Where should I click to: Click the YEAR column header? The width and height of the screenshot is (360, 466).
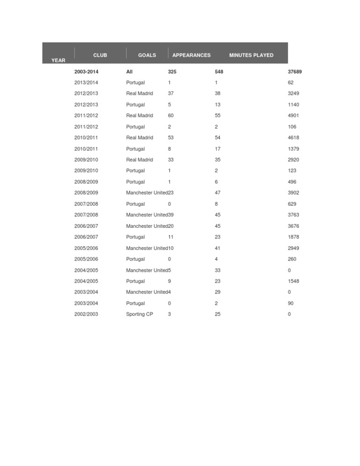point(58,60)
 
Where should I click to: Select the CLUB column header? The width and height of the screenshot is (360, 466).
point(100,55)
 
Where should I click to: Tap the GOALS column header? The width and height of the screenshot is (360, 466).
point(147,55)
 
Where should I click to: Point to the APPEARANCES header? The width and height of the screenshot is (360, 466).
point(191,55)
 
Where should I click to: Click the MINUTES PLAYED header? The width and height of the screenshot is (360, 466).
point(251,55)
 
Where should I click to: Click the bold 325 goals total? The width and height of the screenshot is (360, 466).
point(172,72)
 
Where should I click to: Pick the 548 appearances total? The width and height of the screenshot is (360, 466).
point(219,72)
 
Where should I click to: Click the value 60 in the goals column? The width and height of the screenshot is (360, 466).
point(171,115)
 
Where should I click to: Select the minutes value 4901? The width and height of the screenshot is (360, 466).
point(293,115)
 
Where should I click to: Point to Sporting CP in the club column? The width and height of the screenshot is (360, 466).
point(139,314)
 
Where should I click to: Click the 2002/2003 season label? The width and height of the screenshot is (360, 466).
point(86,314)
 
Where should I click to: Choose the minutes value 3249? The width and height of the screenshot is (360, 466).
point(293,93)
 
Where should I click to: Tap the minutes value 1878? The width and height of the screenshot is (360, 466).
point(293,237)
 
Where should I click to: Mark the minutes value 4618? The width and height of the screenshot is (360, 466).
point(293,138)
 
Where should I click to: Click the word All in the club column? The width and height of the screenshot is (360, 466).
point(129,72)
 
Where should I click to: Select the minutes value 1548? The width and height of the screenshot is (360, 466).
point(293,281)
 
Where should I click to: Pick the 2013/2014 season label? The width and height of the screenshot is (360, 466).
point(86,83)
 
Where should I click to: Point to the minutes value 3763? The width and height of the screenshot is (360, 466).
point(293,215)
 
